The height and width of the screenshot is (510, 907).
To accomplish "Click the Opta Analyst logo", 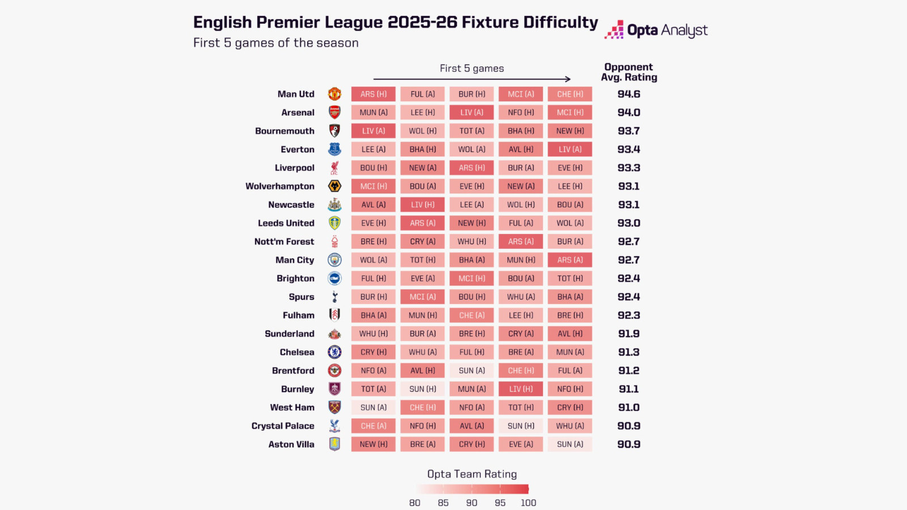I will pos(656,30).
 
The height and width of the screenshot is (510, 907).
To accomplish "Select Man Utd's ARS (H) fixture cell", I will pos(374,94).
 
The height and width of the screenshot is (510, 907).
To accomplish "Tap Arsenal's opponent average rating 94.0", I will pos(629,113).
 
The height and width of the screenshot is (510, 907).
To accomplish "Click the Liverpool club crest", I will pos(334,168).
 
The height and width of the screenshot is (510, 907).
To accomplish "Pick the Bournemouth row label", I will pos(285,131).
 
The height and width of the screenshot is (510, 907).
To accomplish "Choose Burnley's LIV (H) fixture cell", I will pos(521,389).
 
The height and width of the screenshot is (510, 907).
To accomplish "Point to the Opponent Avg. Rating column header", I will pos(629,72).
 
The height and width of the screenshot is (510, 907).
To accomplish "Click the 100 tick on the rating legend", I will pos(528,503).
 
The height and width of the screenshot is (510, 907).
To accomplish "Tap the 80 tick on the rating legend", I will pos(415,503).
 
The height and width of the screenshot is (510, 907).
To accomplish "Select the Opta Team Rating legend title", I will pos(472,474).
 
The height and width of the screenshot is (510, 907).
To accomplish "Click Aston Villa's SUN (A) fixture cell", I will pos(570,444).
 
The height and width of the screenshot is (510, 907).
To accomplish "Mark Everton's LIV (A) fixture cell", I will pos(570,150).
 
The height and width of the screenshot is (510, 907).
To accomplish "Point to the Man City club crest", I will pos(334,260).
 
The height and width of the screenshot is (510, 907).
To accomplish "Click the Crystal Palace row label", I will pos(283,426).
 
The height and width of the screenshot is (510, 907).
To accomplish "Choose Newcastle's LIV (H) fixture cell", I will pos(422,205).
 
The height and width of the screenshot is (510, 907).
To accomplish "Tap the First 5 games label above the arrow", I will pos(472,69).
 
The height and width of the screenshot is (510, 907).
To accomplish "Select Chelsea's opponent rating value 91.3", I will pos(629,352).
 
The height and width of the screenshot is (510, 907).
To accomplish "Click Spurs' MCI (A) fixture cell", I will pos(422,297).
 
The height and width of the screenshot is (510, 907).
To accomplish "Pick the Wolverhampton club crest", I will pos(334,186).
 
